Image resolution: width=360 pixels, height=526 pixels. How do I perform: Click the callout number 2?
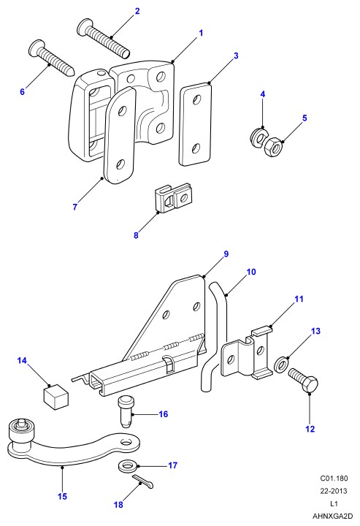pos(137,11)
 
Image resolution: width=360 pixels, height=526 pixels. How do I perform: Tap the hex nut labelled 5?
pos(273,147)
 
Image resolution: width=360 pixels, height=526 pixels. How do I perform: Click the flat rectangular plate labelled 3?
pos(196,124)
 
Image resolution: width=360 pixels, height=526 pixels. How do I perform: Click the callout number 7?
pos(74,207)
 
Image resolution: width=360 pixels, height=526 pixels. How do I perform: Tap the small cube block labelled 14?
pos(55,397)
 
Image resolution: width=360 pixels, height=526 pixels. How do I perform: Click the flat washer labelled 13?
pos(280,365)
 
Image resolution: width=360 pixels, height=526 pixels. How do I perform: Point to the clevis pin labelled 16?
pos(126,412)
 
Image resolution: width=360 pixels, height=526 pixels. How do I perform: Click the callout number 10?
pos(251,272)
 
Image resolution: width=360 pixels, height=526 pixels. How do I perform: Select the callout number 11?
pos(299,299)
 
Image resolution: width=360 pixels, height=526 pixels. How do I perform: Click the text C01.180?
pos(334,478)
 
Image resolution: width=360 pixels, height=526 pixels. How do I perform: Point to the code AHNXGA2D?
pos(332,516)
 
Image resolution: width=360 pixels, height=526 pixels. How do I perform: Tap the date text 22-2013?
pos(334,491)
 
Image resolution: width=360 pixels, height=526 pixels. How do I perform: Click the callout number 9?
pos(226,254)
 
